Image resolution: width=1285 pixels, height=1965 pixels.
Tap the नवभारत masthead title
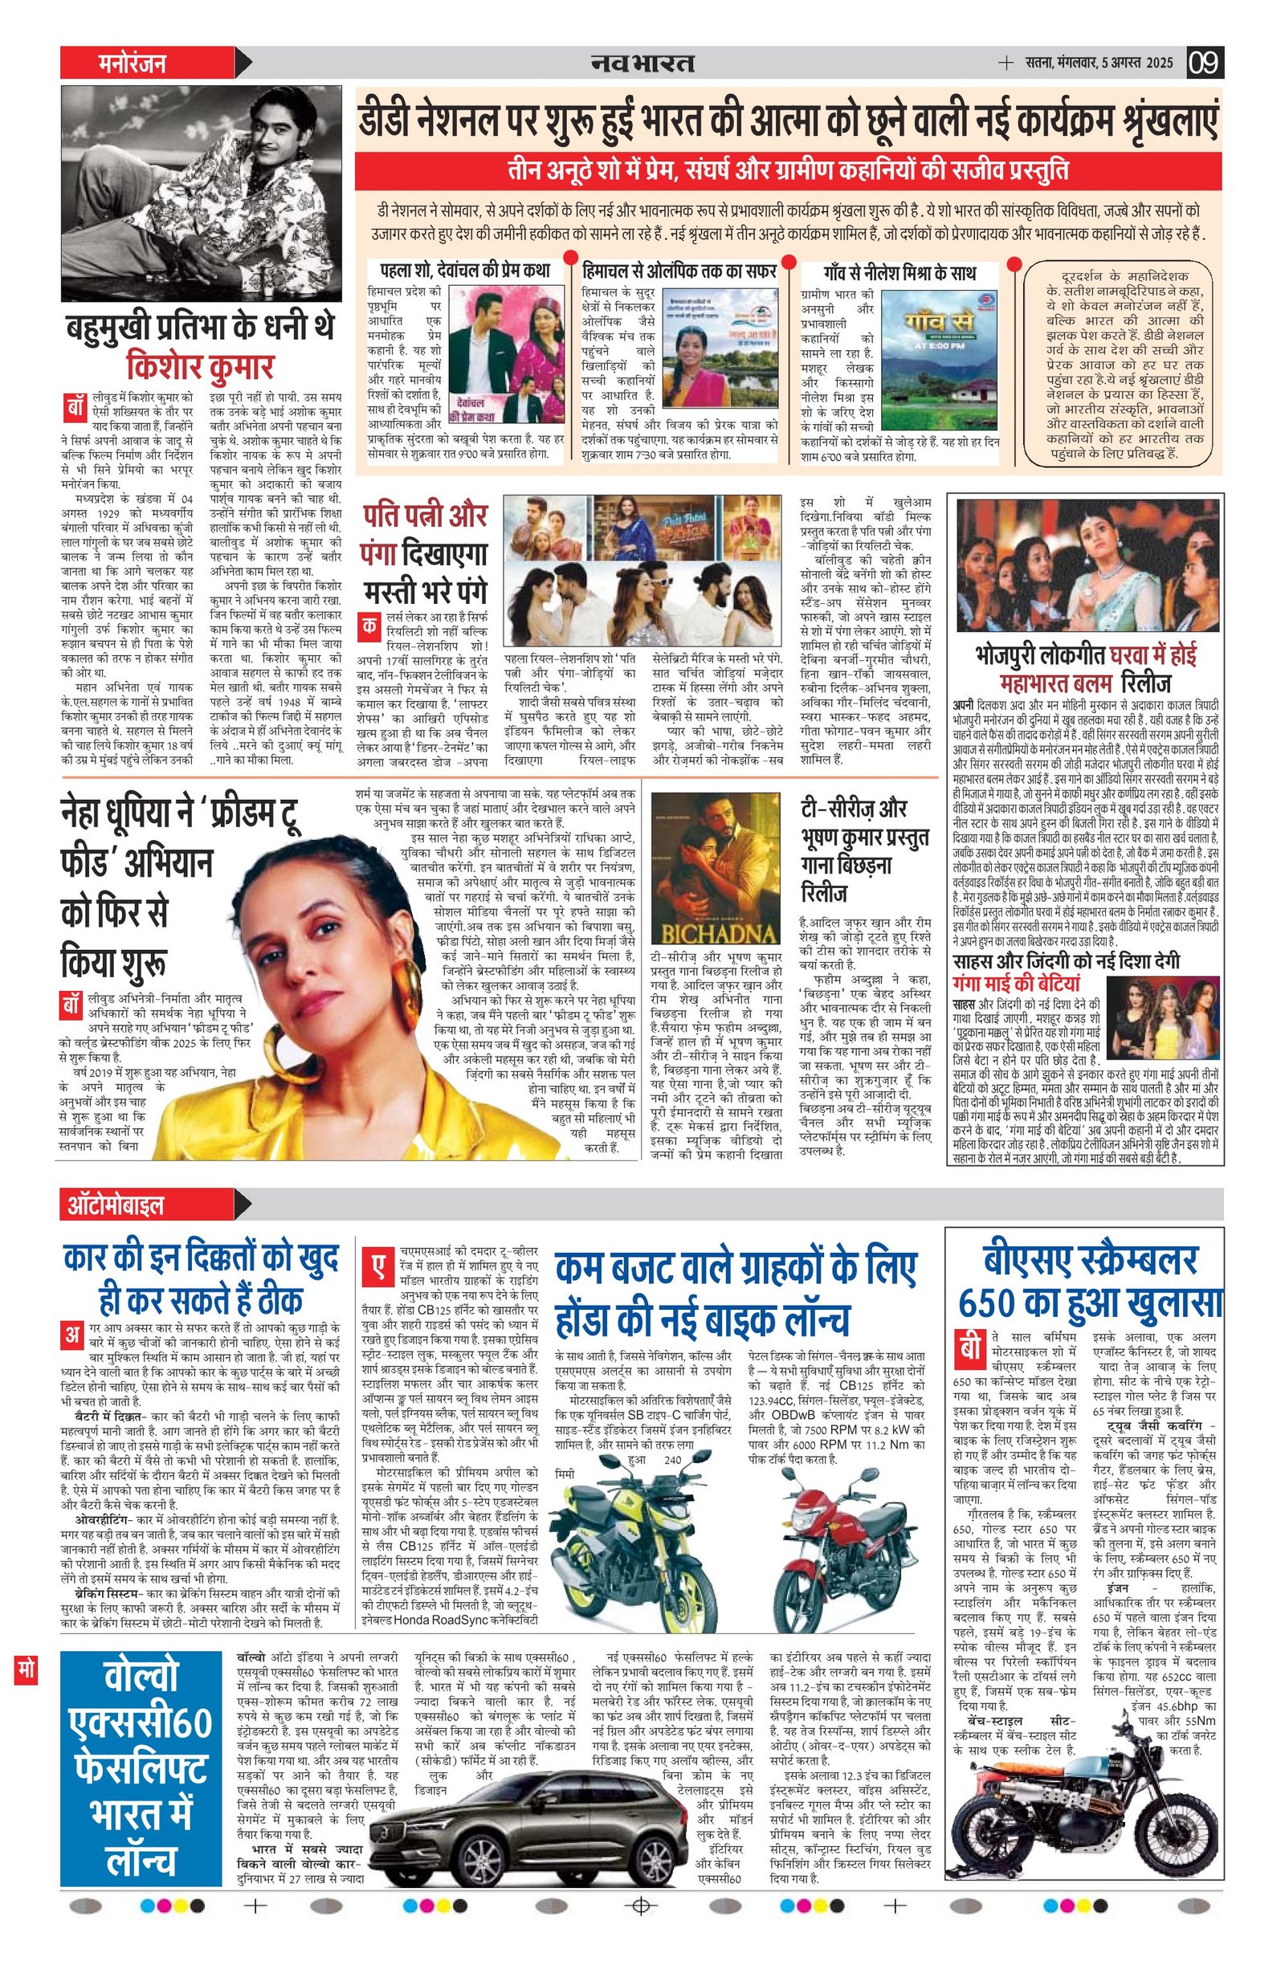pyautogui.click(x=642, y=63)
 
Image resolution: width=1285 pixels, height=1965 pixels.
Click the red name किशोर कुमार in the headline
pyautogui.click(x=200, y=365)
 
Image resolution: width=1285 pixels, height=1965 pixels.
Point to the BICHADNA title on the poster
pyautogui.click(x=715, y=933)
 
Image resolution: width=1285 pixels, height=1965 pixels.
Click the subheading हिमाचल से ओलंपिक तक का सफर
pyautogui.click(x=678, y=271)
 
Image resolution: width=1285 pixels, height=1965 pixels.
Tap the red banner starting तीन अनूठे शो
pyautogui.click(x=787, y=173)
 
